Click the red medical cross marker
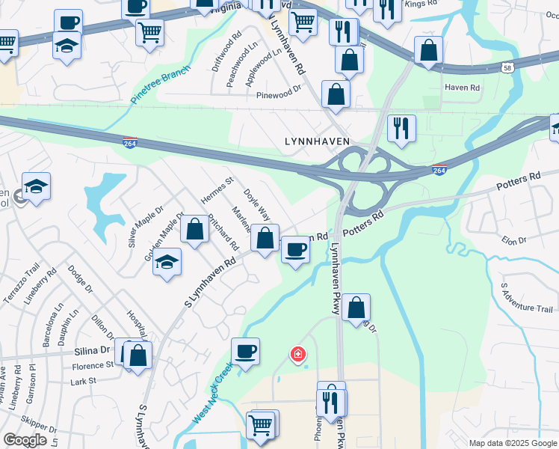click(297, 353)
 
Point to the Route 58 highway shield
click(508, 67)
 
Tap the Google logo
click(25, 439)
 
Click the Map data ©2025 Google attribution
click(513, 443)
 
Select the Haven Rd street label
click(461, 88)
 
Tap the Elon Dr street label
click(514, 240)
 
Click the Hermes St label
click(217, 191)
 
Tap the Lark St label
click(83, 381)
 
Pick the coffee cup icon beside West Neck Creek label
click(244, 351)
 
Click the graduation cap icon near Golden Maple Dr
click(167, 262)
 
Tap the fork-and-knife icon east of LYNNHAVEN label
click(401, 128)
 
